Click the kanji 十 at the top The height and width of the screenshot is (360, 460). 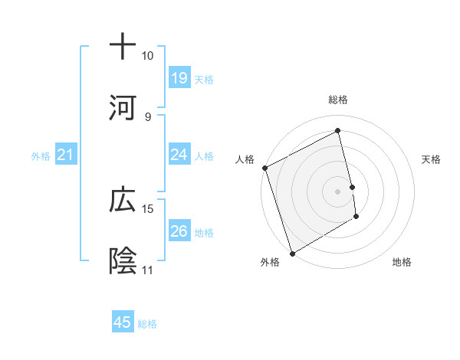coord(123,47)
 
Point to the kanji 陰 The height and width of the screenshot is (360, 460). coord(123,261)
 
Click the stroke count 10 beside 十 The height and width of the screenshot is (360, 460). coord(148,56)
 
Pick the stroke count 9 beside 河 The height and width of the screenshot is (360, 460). coord(148,116)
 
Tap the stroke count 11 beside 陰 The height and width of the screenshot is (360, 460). coord(148,270)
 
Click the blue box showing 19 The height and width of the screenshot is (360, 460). coord(179,77)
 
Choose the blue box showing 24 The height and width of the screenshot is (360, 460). coord(179,155)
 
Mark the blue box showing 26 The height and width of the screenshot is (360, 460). coord(179,231)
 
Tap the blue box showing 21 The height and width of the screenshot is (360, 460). coord(66,155)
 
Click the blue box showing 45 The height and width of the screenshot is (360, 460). coord(123,322)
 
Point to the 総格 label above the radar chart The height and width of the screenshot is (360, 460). coord(338,100)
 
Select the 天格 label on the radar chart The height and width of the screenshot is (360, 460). coord(432,159)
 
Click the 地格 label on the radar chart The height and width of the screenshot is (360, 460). coord(402,263)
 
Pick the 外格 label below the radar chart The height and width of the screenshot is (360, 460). coord(270,263)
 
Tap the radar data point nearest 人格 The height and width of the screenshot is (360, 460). coord(264,168)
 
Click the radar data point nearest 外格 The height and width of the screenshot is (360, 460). coord(292,253)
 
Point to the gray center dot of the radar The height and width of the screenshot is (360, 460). coord(338,191)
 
